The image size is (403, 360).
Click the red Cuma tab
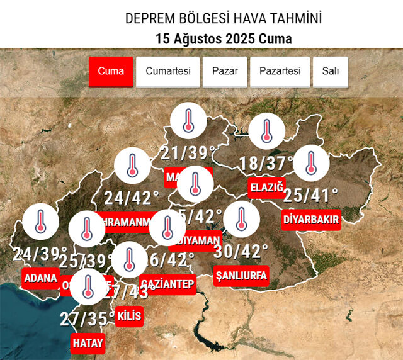[x=111, y=71]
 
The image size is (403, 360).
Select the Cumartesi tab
[x=167, y=71]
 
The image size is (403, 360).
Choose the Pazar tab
[x=224, y=71]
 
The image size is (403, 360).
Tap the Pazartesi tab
[x=280, y=71]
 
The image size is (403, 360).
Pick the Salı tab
[x=331, y=71]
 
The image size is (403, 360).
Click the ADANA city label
[x=40, y=278]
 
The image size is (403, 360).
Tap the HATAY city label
[x=88, y=343]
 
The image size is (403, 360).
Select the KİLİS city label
[x=129, y=316]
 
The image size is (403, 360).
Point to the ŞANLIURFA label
[x=241, y=275]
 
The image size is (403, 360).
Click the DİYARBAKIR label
[x=310, y=220]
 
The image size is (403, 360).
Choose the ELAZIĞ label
[x=266, y=188]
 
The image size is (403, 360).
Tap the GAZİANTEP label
[x=167, y=284]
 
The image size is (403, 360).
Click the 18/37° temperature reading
[x=266, y=164]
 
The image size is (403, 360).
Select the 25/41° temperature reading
[x=310, y=196]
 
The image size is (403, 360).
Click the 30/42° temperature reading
[x=241, y=251]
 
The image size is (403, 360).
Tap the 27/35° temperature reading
[x=88, y=318]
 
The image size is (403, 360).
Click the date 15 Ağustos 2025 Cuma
[x=224, y=38]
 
